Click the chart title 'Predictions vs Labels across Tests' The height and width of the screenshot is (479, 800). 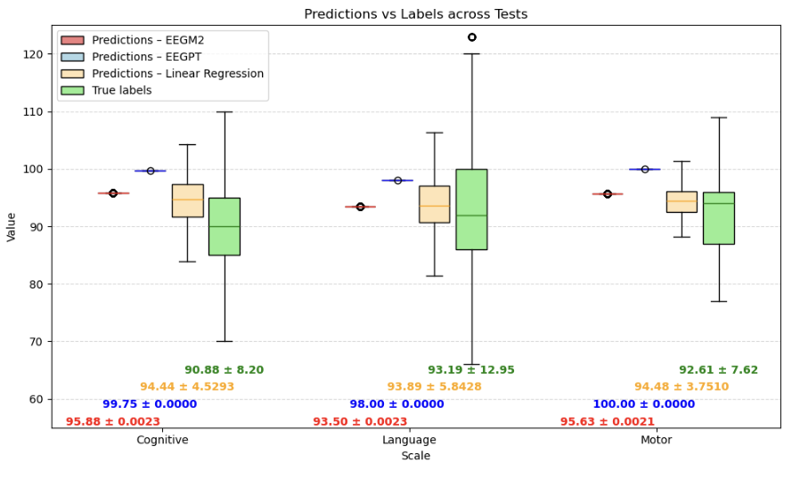coord(415,14)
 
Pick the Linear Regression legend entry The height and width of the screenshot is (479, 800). coord(177,74)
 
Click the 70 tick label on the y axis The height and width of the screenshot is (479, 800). coord(36,342)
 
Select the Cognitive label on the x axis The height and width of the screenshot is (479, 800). coord(161,440)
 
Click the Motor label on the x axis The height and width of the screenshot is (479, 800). coord(657,440)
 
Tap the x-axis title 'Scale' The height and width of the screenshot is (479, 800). coord(415,456)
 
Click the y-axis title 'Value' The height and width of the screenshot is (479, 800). coord(12,226)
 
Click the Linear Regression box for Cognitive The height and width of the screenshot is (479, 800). coord(187,200)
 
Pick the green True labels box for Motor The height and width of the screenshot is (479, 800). coord(718,218)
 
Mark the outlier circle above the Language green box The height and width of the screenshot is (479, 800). coord(471,37)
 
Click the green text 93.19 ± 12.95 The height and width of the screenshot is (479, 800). coord(470,370)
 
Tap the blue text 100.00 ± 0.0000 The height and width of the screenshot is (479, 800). coord(643,404)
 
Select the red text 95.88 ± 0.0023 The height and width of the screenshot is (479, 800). coord(113,422)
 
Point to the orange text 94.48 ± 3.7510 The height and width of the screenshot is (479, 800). coord(681,387)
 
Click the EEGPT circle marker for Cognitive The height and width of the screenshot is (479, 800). coord(151,171)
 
